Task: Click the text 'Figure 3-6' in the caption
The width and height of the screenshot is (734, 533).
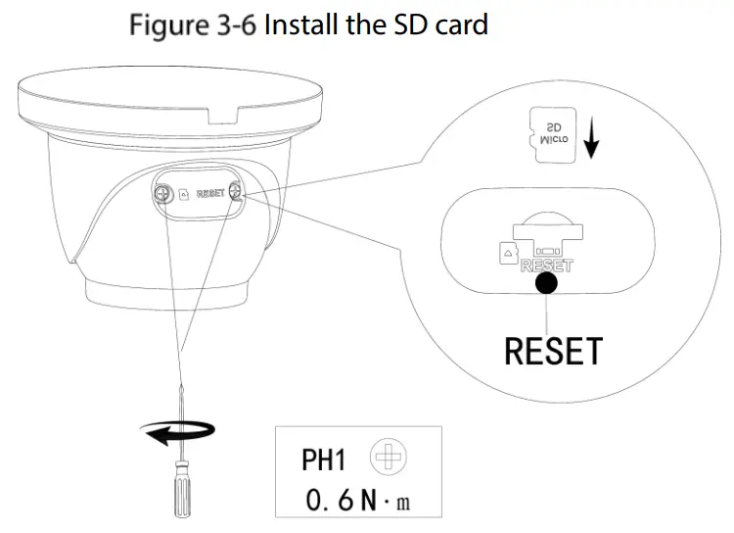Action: coord(192,24)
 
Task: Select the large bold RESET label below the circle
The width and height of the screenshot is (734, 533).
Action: coord(553,350)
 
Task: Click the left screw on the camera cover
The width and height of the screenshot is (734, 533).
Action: coord(164,195)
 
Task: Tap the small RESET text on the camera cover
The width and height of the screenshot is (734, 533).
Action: coord(210,194)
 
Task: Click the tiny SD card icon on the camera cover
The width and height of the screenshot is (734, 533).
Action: coord(184,195)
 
